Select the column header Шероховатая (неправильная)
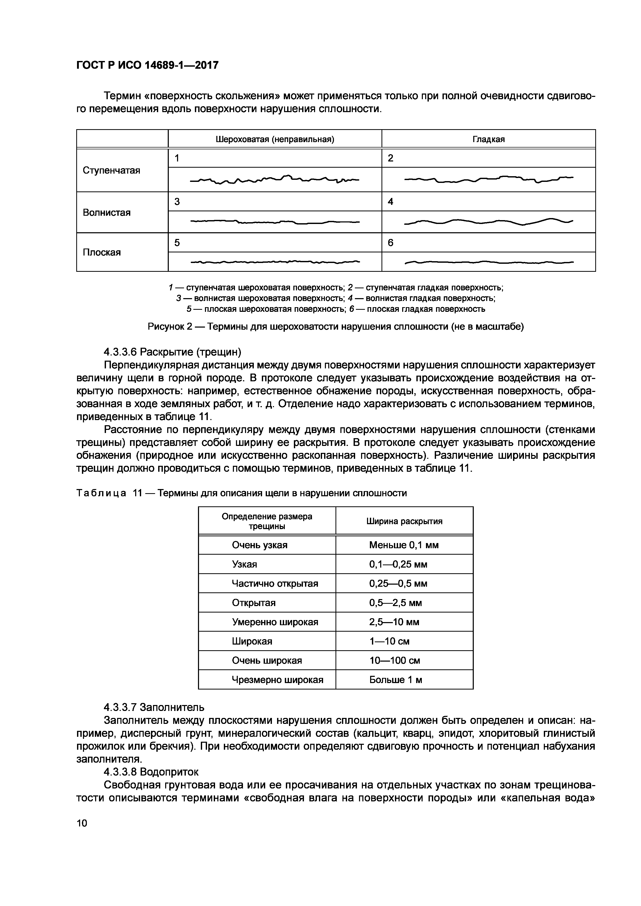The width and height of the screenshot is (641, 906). click(x=275, y=139)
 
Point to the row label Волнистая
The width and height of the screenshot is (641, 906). click(x=106, y=213)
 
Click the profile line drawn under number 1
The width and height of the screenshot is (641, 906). click(x=275, y=180)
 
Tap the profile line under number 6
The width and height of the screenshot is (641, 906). click(x=489, y=262)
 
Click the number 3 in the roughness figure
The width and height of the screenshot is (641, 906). click(x=177, y=202)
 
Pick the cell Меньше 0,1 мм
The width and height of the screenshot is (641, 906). click(x=404, y=545)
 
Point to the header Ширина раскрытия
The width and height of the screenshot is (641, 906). click(x=404, y=521)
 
